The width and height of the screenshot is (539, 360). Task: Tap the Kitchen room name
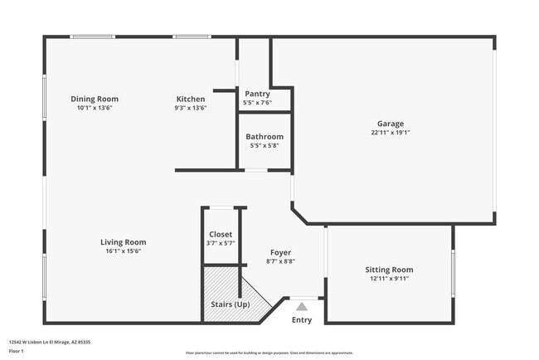click(x=191, y=99)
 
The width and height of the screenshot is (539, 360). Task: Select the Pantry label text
click(x=257, y=95)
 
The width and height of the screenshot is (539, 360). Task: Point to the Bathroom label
click(x=265, y=137)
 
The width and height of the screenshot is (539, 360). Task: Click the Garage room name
click(x=391, y=124)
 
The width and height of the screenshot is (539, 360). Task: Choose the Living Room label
click(x=124, y=242)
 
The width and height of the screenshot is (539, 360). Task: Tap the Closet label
click(x=221, y=234)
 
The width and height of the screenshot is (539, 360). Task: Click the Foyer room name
click(x=280, y=252)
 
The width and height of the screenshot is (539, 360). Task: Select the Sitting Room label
click(x=389, y=270)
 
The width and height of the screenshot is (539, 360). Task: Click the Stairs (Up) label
click(x=231, y=304)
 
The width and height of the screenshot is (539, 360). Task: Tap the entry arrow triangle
click(x=302, y=306)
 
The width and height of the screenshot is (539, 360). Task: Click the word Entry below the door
click(x=302, y=320)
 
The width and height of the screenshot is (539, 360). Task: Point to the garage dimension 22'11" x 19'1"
click(x=391, y=133)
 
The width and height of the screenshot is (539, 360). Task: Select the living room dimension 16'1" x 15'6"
click(x=125, y=251)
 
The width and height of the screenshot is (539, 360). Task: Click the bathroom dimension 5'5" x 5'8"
click(x=265, y=146)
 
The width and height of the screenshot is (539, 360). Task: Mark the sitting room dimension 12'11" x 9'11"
click(x=388, y=279)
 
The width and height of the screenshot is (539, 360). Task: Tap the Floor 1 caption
click(x=17, y=350)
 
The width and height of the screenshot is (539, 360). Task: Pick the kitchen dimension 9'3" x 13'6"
click(x=191, y=108)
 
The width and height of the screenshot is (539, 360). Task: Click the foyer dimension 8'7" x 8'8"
click(x=280, y=261)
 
